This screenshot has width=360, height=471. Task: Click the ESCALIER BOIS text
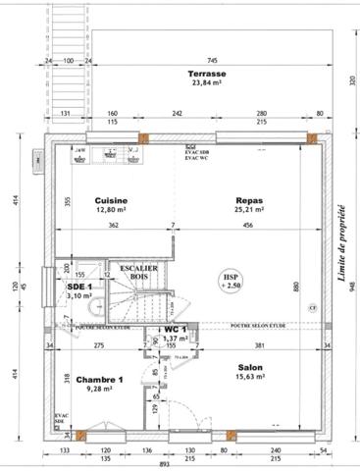pos(138,273)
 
